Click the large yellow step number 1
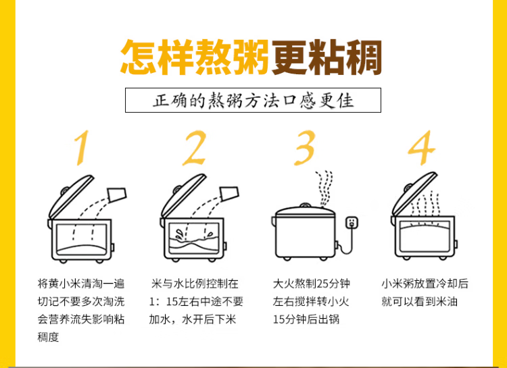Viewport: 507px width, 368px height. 82,147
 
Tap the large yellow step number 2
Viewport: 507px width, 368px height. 194,148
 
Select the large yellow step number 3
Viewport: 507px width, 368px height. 304,148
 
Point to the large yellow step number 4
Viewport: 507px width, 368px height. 421,148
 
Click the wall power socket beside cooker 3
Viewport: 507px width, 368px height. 352,223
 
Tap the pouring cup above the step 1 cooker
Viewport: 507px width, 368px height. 117,194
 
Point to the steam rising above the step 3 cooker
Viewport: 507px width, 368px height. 324,188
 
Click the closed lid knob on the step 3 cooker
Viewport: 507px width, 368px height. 304,205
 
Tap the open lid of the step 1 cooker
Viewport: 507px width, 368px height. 70,196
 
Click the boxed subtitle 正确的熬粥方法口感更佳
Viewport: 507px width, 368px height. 254,100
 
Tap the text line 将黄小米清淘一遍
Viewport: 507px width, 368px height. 81,284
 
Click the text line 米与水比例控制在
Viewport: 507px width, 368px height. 195,284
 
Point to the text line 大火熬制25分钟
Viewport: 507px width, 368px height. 312,284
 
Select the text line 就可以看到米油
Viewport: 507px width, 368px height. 419,301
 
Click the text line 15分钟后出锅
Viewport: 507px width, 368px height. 306,319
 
